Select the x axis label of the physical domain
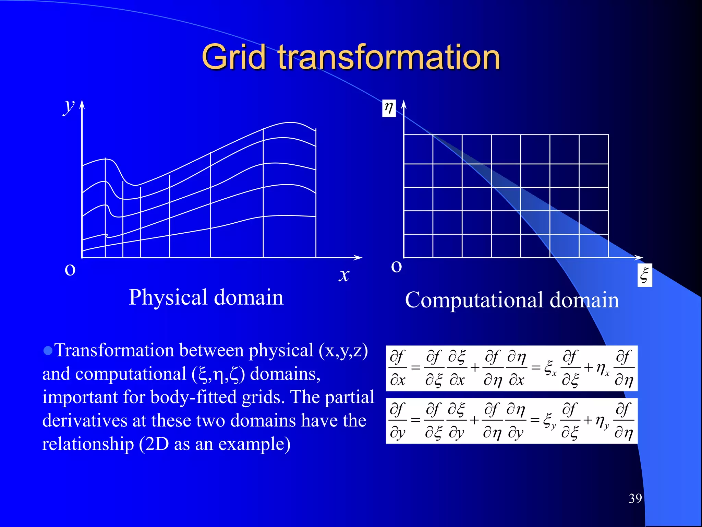pyautogui.click(x=344, y=275)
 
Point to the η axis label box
pyautogui.click(x=389, y=108)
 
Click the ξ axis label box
pyautogui.click(x=644, y=275)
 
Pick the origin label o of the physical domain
pyautogui.click(x=70, y=270)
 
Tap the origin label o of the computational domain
pyautogui.click(x=396, y=267)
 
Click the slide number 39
pyautogui.click(x=635, y=498)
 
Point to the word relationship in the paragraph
pyautogui.click(x=88, y=444)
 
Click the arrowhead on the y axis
pyautogui.click(x=82, y=104)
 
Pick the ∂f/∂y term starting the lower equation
pyautogui.click(x=398, y=421)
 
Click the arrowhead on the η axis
pyautogui.click(x=404, y=104)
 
